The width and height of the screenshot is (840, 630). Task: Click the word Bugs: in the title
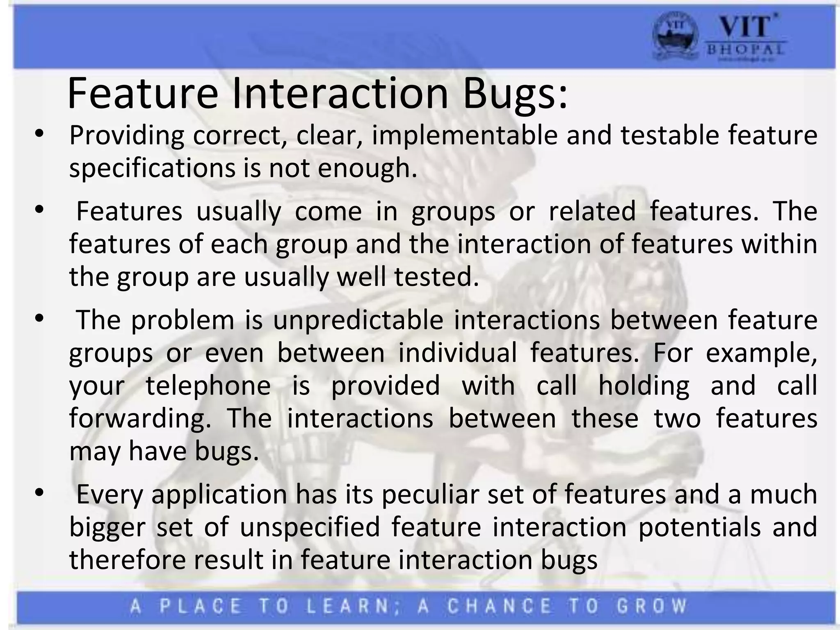click(515, 94)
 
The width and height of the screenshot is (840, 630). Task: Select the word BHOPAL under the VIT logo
click(745, 50)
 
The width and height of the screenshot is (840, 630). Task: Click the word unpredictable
click(358, 320)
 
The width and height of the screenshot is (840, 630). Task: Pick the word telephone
click(208, 386)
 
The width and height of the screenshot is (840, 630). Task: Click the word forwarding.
click(140, 419)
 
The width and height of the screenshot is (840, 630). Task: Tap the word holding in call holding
click(644, 386)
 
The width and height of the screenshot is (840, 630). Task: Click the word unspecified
click(310, 527)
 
